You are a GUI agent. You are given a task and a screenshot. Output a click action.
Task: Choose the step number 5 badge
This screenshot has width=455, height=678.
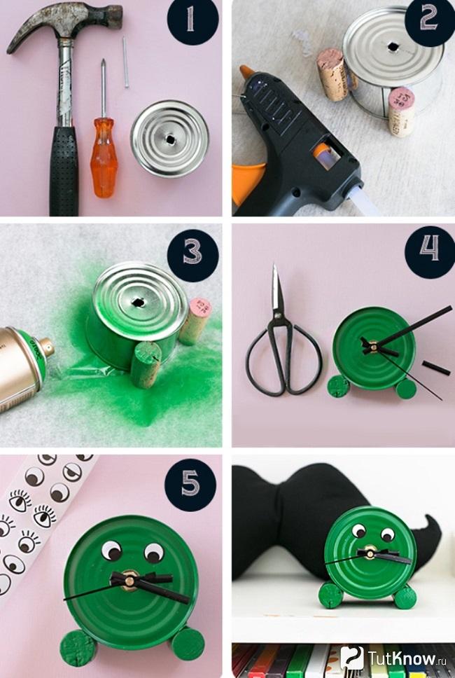[190, 485]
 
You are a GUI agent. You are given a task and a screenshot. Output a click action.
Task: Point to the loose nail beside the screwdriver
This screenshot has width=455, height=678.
[125, 62]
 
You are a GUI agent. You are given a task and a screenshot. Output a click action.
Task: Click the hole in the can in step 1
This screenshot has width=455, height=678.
[170, 139]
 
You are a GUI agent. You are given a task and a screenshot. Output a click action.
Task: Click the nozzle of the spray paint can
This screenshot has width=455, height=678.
[47, 346]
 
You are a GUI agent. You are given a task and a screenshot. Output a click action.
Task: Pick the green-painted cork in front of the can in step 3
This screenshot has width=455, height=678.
[146, 364]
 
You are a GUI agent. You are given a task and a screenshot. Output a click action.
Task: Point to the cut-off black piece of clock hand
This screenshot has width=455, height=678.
[436, 368]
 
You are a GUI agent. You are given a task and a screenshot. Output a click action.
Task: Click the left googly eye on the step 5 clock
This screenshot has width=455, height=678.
[112, 551]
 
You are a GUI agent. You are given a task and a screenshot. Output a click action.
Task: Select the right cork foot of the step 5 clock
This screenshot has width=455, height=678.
[188, 644]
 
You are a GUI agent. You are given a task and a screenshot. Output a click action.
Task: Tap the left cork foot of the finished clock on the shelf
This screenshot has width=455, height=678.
[331, 595]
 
